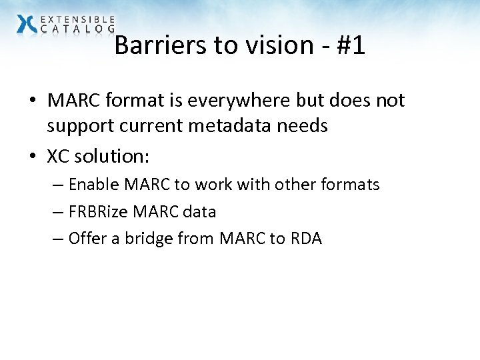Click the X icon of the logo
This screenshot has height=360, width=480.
point(27,24)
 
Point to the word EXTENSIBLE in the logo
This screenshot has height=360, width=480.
point(77,19)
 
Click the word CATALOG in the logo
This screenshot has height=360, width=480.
point(77,29)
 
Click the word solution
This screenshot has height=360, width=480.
point(113,157)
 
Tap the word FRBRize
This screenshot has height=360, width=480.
point(98,212)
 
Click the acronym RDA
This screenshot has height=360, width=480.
point(306,239)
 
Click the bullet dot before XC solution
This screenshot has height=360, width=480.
point(33,157)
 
